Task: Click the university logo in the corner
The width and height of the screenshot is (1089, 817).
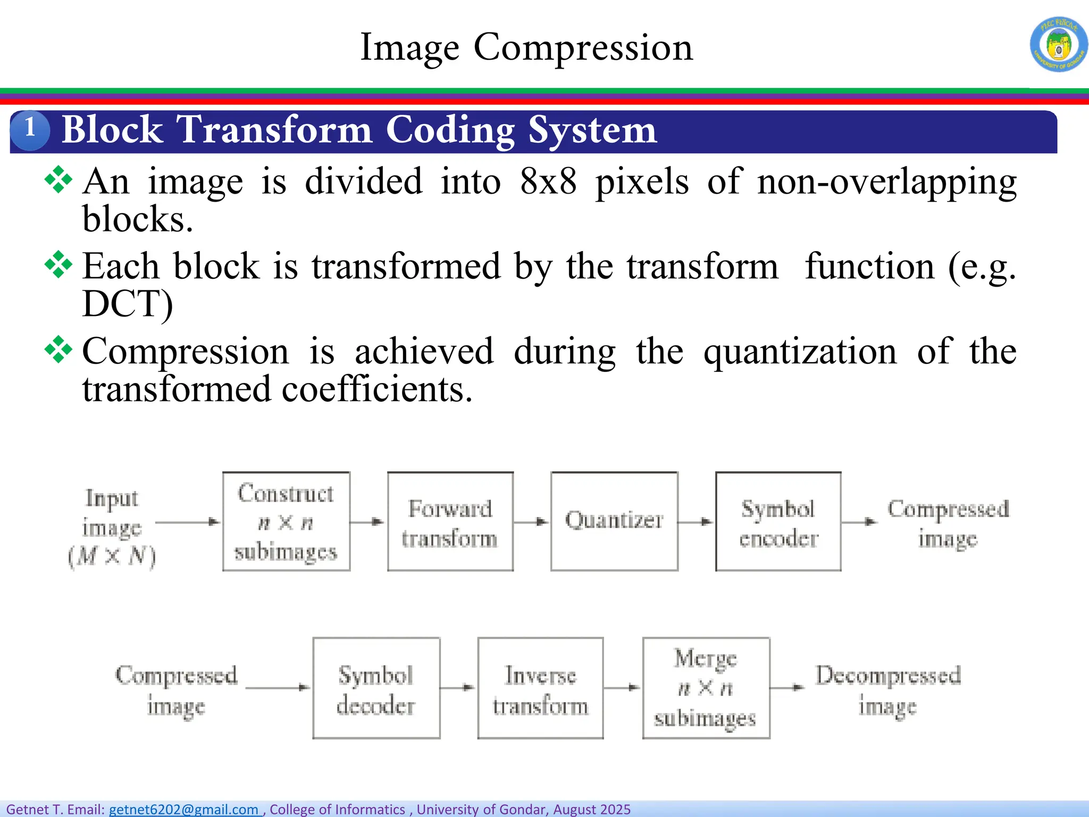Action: pyautogui.click(x=1059, y=44)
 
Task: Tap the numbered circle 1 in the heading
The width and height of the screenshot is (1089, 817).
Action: pyautogui.click(x=30, y=129)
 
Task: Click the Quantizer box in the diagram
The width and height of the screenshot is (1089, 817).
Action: pyautogui.click(x=614, y=521)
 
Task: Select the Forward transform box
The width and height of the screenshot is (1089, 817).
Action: pyautogui.click(x=450, y=521)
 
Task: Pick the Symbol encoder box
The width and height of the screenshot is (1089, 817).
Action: pyautogui.click(x=778, y=521)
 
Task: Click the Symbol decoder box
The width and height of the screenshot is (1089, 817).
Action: pyautogui.click(x=376, y=688)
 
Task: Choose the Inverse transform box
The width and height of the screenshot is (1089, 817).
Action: pyautogui.click(x=540, y=688)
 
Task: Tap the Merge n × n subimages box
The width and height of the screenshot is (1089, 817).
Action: pyautogui.click(x=706, y=688)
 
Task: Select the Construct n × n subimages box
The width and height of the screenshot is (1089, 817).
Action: pyautogui.click(x=286, y=521)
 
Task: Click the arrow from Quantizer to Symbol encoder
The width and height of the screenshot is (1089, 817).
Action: pyautogui.click(x=696, y=522)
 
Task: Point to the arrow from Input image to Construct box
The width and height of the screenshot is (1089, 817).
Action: pyautogui.click(x=188, y=522)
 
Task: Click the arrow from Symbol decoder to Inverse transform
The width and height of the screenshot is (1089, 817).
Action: pyautogui.click(x=458, y=688)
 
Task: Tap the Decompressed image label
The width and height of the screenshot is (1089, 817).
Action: pyautogui.click(x=888, y=689)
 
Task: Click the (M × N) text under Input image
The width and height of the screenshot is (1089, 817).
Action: pyautogui.click(x=112, y=557)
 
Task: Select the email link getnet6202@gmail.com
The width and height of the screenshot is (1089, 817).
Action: pyautogui.click(x=184, y=809)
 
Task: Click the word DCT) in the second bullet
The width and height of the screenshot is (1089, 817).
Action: pyautogui.click(x=128, y=304)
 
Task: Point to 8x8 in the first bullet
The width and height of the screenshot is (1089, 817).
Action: pyautogui.click(x=548, y=181)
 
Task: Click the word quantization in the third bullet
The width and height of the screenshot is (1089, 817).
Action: pyautogui.click(x=800, y=351)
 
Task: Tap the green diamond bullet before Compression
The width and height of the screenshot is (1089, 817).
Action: pyautogui.click(x=58, y=349)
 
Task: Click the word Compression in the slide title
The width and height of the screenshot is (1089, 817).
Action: pyautogui.click(x=583, y=47)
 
